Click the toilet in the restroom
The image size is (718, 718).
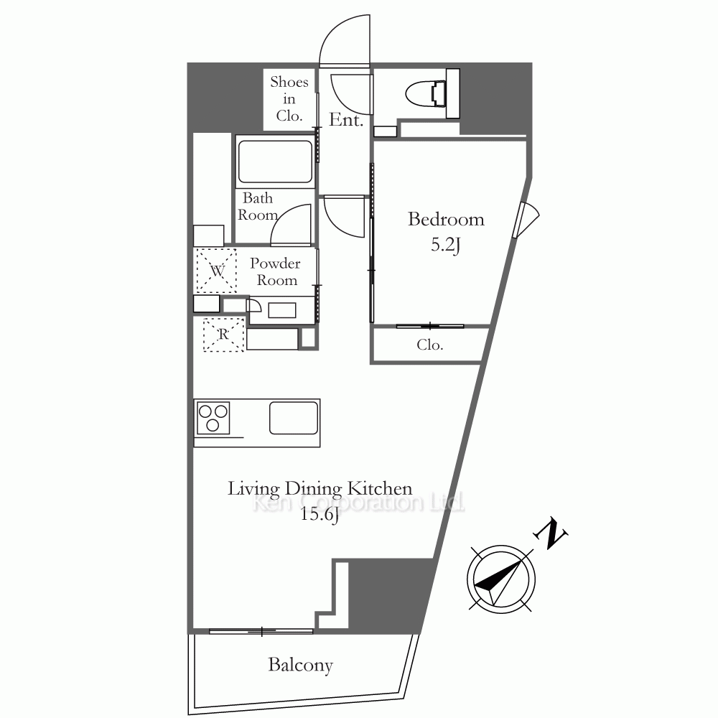(426, 94)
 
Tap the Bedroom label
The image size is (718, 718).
(446, 219)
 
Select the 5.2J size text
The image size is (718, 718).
(445, 246)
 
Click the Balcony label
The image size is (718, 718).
(300, 665)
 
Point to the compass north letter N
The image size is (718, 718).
(551, 534)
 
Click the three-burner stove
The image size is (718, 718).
(213, 418)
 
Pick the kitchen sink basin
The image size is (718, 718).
(294, 418)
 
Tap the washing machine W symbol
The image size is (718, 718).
(217, 271)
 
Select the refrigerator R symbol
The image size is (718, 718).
(223, 335)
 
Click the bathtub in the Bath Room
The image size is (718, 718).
(275, 162)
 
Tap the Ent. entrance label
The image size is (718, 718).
(346, 120)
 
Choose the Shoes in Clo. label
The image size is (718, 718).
(289, 99)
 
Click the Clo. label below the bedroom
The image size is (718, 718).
(430, 345)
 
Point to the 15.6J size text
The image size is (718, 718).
(320, 515)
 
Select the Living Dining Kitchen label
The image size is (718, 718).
(320, 488)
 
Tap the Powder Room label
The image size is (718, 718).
(275, 271)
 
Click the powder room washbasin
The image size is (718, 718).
(282, 310)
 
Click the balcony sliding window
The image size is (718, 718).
(261, 631)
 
